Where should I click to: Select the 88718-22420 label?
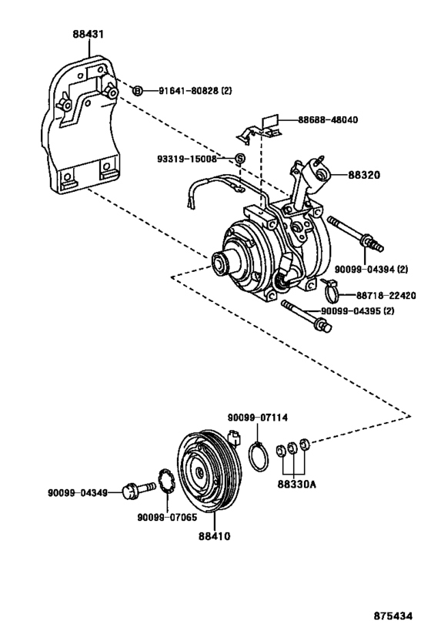point(385,295)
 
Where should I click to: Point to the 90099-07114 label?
point(257,418)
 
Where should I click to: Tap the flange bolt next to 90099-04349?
point(136,490)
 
